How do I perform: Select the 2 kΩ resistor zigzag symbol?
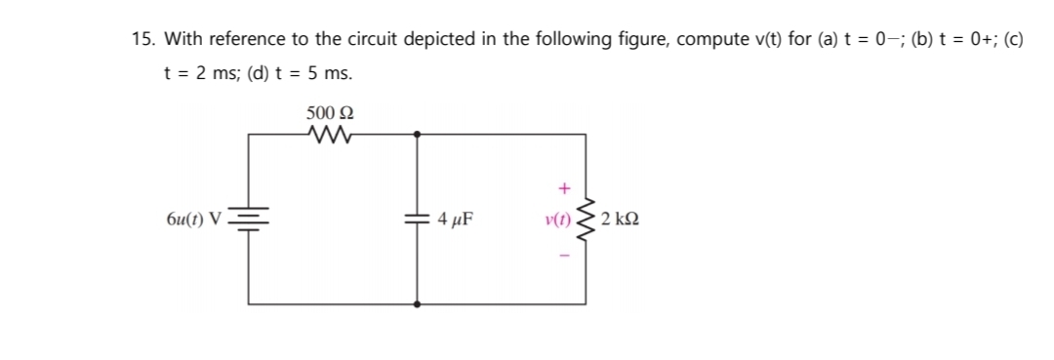click(x=587, y=219)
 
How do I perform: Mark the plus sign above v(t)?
click(x=562, y=185)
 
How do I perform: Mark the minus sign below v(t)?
click(x=562, y=256)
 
